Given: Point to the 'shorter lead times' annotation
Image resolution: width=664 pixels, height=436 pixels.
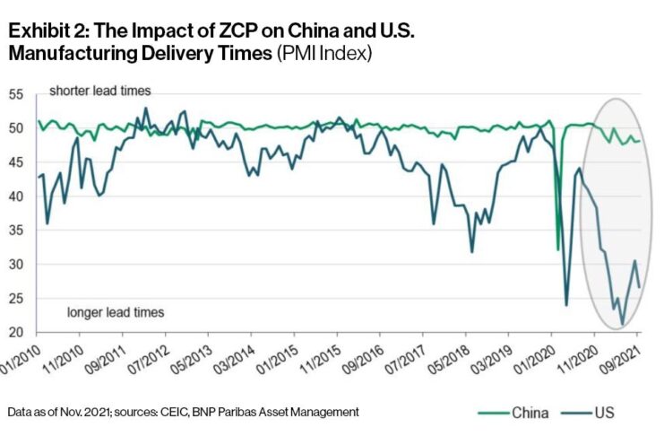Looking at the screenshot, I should coord(99,92).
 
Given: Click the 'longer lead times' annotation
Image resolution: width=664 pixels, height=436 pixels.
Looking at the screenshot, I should coord(114,312).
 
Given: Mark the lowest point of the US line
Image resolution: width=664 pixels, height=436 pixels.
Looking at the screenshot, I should coord(622,324).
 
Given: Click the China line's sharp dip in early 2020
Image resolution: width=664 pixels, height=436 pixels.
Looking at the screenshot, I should coord(558,249).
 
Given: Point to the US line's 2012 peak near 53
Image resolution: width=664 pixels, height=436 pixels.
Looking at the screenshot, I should coord(146,109).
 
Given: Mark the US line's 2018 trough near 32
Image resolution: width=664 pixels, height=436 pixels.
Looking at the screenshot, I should coord(472,252).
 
